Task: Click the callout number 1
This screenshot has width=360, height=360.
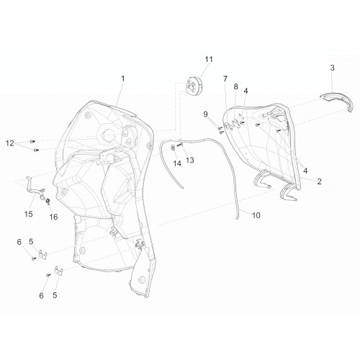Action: tap(123, 78)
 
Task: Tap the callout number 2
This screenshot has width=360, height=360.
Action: tap(319, 181)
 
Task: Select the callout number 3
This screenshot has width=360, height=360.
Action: tap(332, 68)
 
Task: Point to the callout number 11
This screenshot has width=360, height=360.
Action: tap(209, 59)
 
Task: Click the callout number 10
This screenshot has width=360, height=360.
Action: tap(256, 215)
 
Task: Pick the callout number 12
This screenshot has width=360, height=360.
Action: tap(10, 143)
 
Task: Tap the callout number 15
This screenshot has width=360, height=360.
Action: tap(29, 214)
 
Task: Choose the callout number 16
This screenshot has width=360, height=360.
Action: tap(53, 217)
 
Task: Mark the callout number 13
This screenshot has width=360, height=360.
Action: tap(190, 160)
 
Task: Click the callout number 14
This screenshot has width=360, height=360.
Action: tap(177, 163)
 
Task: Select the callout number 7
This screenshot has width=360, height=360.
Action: tap(225, 78)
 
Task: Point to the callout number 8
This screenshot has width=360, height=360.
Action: tap(236, 86)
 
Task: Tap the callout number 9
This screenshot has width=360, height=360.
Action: tap(205, 114)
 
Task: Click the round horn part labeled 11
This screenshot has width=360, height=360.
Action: tap(194, 85)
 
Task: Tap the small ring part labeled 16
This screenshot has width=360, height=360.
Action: tap(48, 200)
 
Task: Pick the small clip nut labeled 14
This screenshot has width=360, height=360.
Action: tap(173, 148)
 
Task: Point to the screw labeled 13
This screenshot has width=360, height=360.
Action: tap(180, 145)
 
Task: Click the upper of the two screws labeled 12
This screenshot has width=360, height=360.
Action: tap(32, 141)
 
